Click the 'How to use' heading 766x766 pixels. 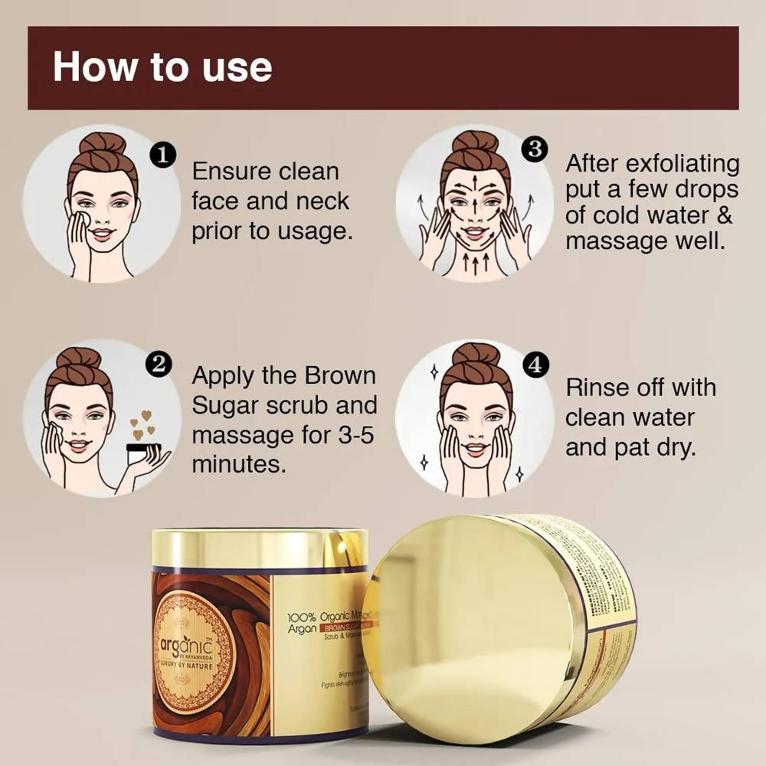(162, 67)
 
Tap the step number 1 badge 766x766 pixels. (162, 156)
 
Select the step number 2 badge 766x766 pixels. (159, 364)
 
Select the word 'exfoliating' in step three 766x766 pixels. (683, 164)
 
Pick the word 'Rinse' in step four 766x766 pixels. (597, 388)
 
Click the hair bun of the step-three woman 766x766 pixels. (475, 142)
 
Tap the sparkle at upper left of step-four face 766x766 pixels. (434, 372)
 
